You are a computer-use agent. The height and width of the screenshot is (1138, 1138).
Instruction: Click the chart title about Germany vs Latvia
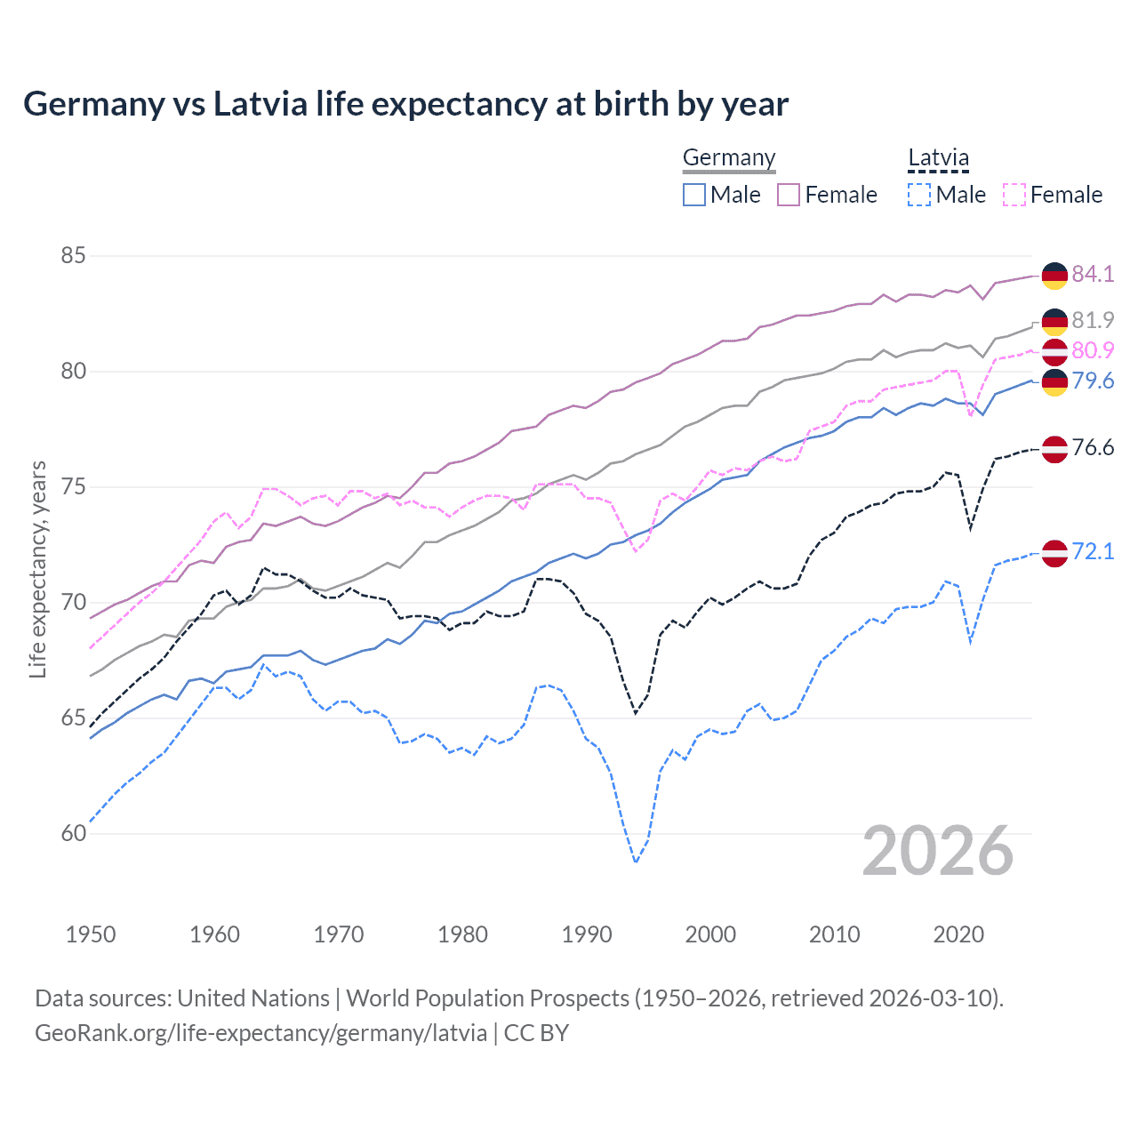[x=405, y=104]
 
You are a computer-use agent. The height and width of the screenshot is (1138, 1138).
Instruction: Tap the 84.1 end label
[x=1093, y=274]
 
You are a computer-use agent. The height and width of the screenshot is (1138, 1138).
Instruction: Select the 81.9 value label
[x=1093, y=320]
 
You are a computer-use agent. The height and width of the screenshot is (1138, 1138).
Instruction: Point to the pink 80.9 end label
[x=1093, y=350]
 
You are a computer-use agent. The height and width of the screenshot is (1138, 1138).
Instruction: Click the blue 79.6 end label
[x=1093, y=381]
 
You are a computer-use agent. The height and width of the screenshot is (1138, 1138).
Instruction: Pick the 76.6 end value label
[x=1093, y=447]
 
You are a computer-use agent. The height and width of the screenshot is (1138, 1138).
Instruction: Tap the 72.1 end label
[x=1093, y=551]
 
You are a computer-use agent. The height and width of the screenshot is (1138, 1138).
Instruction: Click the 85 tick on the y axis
[x=73, y=256]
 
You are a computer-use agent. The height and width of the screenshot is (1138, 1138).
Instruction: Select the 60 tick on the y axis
[x=73, y=833]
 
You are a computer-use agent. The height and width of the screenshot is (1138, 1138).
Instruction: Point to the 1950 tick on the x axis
[x=91, y=934]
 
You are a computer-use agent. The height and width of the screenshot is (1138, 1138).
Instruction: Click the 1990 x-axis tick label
[x=587, y=934]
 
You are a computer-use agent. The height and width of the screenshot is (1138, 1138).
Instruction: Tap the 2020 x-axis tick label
[x=958, y=934]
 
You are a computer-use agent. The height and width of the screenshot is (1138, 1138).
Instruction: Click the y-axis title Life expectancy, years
[x=37, y=569]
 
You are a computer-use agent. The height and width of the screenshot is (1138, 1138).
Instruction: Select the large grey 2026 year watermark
[x=938, y=851]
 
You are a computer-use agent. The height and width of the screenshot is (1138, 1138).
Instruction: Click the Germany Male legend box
[x=694, y=195]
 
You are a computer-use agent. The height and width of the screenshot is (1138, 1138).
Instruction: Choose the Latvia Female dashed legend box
[x=1014, y=195]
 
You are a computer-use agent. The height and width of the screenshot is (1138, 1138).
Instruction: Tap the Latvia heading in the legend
[x=938, y=158]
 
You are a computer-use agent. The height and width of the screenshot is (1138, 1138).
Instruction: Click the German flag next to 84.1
[x=1054, y=276]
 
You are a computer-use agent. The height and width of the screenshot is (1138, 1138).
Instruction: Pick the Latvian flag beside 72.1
[x=1054, y=553]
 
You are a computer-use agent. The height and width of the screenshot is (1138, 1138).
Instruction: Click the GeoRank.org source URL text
[x=260, y=1033]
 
